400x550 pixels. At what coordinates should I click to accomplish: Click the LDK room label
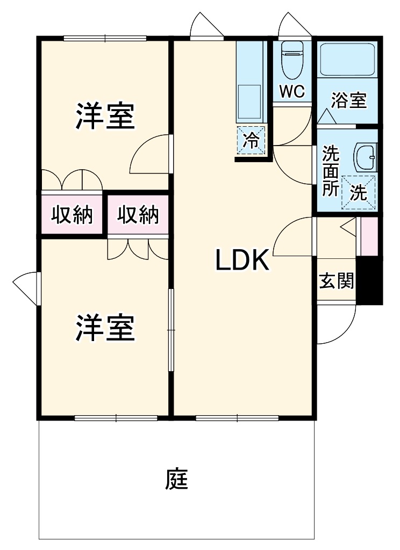242,260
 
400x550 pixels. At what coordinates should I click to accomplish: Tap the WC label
292,91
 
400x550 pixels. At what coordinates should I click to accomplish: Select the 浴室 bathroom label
349,100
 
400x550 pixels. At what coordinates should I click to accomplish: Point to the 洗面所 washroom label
331,171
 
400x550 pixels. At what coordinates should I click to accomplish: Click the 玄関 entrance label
337,280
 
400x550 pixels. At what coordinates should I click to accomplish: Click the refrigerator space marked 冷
252,140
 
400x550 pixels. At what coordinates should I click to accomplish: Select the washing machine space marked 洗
359,193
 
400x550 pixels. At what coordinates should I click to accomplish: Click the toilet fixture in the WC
292,60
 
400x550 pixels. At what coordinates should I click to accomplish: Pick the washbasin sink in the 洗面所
366,158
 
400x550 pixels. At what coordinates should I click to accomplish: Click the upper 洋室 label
105,115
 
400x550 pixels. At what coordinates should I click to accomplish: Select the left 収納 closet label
72,214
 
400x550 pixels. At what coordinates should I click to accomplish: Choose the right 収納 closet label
138,214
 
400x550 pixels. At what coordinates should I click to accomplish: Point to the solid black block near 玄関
369,280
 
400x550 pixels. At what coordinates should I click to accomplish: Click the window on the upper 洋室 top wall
105,38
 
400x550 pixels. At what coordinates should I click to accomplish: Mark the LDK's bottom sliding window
237,418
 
